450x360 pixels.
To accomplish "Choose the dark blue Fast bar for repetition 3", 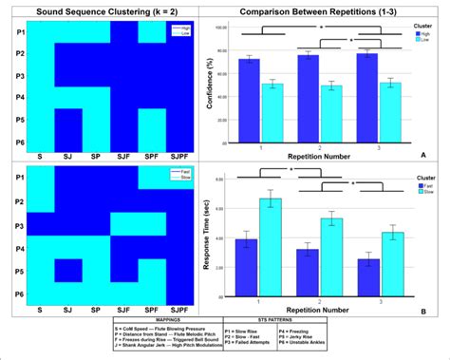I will [366, 275].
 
